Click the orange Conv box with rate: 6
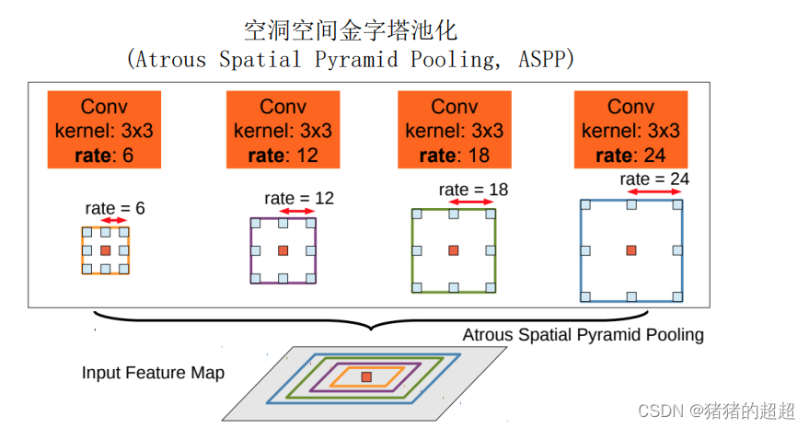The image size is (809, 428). (x=104, y=130)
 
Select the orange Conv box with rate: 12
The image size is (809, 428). (x=283, y=130)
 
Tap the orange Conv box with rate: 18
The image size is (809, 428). (x=455, y=130)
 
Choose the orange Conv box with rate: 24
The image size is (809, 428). (x=631, y=130)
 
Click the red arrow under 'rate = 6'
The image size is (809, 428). (x=114, y=221)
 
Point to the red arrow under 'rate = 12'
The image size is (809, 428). (x=296, y=211)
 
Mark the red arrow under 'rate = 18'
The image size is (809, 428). (x=472, y=202)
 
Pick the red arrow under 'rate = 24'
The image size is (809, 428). (x=654, y=191)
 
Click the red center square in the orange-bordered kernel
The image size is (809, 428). (x=105, y=250)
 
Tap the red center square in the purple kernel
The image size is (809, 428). (x=283, y=250)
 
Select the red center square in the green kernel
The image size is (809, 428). (x=454, y=250)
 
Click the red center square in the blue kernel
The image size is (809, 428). (x=631, y=250)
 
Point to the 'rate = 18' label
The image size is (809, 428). (x=473, y=190)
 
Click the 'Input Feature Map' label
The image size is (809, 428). (x=153, y=372)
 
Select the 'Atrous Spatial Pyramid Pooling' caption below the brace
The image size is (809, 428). (x=583, y=334)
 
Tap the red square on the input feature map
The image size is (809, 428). (x=366, y=376)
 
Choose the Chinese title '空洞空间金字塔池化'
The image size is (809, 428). (x=351, y=30)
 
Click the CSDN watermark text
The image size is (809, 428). (x=717, y=411)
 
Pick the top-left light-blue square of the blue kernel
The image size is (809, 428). (x=585, y=204)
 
